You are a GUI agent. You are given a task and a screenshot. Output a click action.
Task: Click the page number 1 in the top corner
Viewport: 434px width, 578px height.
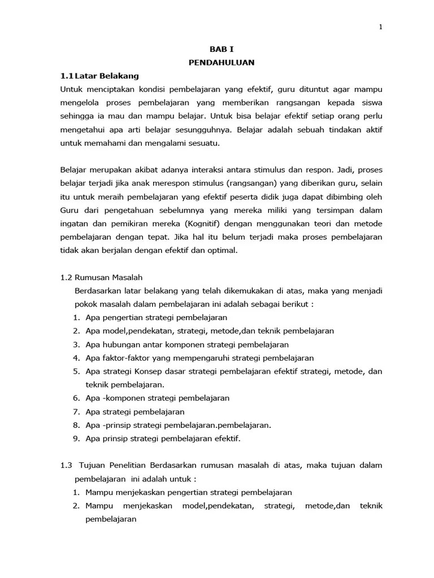pyautogui.click(x=381, y=27)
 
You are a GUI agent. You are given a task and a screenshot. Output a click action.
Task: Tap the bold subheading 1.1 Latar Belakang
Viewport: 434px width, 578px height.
pyautogui.click(x=99, y=75)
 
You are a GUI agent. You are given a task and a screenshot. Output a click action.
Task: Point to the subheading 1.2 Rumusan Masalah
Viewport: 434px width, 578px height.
pyautogui.click(x=101, y=277)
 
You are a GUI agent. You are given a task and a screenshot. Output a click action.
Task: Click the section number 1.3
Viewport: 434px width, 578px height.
pyautogui.click(x=66, y=465)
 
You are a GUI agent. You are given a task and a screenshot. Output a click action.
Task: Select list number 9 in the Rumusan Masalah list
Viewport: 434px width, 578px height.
pyautogui.click(x=76, y=438)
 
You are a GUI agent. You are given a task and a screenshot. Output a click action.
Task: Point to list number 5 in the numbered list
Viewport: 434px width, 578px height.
pyautogui.click(x=76, y=371)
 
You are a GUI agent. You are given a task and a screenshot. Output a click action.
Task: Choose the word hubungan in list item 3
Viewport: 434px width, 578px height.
pyautogui.click(x=119, y=344)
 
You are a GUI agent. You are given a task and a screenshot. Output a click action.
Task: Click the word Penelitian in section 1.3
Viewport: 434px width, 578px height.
pyautogui.click(x=124, y=465)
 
